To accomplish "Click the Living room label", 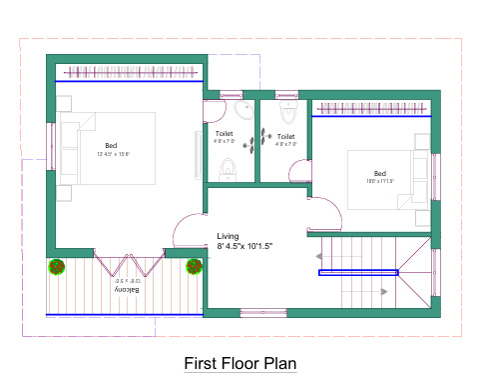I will click(229, 236).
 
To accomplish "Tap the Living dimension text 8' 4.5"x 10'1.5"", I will click(245, 246).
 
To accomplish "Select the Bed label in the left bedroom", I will click(111, 146).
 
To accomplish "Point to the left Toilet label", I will click(225, 133).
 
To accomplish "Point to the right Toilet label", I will click(285, 137).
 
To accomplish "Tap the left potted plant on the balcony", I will click(57, 267).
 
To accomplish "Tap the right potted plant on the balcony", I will click(193, 267).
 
